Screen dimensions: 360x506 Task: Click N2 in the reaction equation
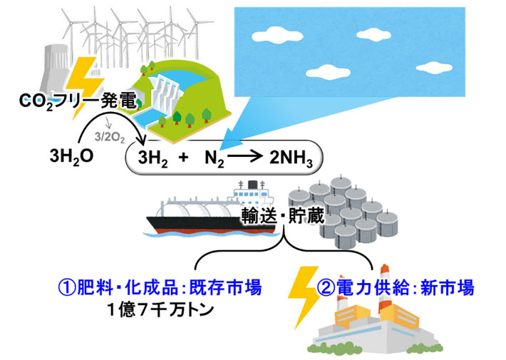coord(213,157)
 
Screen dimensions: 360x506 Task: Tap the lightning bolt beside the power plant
coord(304,299)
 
